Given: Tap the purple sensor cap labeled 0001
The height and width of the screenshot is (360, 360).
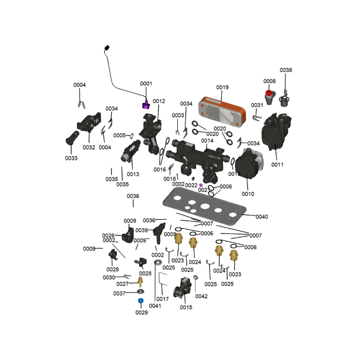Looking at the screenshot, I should click(x=146, y=106).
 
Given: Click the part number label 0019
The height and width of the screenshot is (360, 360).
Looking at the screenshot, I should click(x=222, y=87).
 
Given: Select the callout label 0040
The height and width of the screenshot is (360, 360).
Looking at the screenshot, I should click(x=261, y=217).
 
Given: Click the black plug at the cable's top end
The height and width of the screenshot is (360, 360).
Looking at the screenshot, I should click(x=107, y=47).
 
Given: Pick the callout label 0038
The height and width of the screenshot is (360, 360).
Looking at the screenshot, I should click(x=286, y=70).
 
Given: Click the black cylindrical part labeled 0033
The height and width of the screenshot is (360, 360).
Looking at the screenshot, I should click(x=72, y=137).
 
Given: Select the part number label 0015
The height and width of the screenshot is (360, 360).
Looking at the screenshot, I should click(x=186, y=307).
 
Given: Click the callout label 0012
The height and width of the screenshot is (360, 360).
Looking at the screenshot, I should click(x=159, y=101).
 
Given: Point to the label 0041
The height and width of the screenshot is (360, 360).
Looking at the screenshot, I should click(x=155, y=306).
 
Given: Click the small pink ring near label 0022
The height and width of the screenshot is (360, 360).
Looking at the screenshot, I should click(x=201, y=185).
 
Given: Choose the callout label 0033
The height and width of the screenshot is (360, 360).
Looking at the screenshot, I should click(x=71, y=158).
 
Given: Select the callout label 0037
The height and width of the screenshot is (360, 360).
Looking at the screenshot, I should click(x=119, y=293).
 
